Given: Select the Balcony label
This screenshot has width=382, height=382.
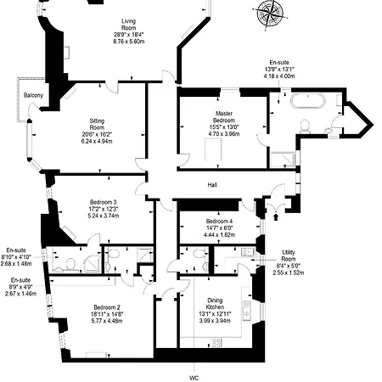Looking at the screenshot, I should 34,95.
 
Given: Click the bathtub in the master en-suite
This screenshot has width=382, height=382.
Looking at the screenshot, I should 308,104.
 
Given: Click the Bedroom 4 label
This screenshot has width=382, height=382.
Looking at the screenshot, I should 218,222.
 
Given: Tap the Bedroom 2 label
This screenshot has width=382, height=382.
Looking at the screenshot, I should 107,307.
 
